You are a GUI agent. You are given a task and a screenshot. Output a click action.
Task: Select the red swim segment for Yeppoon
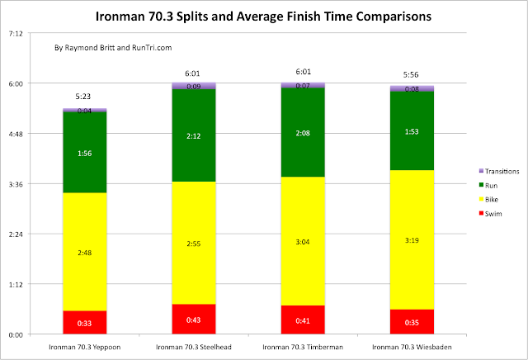pyautogui.click(x=84, y=323)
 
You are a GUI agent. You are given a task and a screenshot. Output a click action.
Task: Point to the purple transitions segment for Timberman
pyautogui.click(x=302, y=85)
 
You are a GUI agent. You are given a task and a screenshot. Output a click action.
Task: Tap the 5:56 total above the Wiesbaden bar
pyautogui.click(x=410, y=75)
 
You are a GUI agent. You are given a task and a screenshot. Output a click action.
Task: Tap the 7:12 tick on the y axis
pyautogui.click(x=16, y=33)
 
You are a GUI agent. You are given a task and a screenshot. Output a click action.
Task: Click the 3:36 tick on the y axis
pyautogui.click(x=16, y=184)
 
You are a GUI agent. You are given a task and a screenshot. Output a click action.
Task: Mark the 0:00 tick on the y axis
pyautogui.click(x=16, y=334)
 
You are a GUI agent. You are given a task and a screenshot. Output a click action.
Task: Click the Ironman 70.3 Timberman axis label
pyautogui.click(x=302, y=347)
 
